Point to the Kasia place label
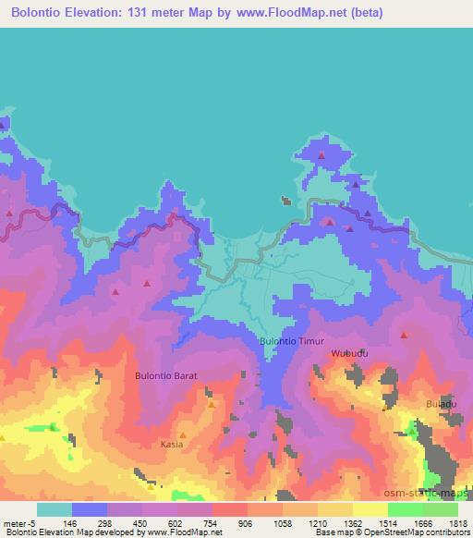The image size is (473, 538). click(172, 444)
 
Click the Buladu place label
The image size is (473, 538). click(441, 404)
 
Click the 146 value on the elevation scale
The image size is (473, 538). click(70, 523)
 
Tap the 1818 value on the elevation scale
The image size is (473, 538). click(457, 523)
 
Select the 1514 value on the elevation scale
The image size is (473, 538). click(387, 523)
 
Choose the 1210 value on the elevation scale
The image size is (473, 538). click(317, 523)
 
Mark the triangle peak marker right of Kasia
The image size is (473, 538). click(212, 405)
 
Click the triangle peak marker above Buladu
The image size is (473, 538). click(404, 336)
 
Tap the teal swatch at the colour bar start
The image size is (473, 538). click(55, 509)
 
